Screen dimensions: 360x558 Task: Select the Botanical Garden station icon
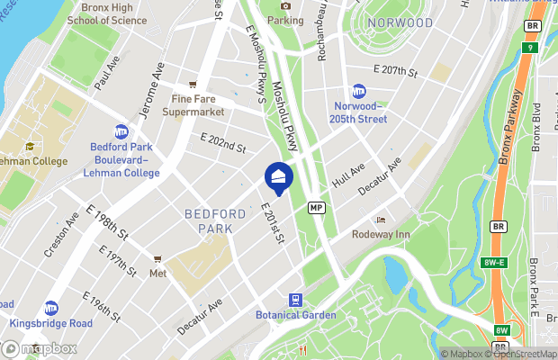pyautogui.click(x=293, y=300)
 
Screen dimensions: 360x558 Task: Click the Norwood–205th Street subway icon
pyautogui.click(x=358, y=92)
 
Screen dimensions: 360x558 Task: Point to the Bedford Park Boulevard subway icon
pyautogui.click(x=121, y=132)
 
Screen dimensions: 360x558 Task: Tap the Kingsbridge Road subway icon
pyautogui.click(x=51, y=308)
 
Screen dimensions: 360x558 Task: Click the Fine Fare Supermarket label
pyautogui.click(x=193, y=106)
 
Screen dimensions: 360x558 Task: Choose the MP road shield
pyautogui.click(x=316, y=207)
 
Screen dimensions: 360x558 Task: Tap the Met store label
pyautogui.click(x=158, y=272)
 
